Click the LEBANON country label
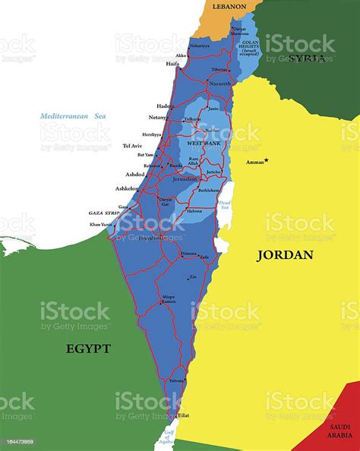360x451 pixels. pos(229,6)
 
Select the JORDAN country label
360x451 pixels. pos(285,254)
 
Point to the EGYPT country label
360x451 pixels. pos(88,348)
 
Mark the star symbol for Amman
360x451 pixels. pos(267,159)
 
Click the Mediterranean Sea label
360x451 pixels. pos(74,116)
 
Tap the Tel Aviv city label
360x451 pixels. pos(133,145)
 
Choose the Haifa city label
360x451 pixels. pos(172,64)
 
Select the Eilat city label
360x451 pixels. pos(184,415)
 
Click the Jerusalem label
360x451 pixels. pos(186,179)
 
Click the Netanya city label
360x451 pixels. pos(158,118)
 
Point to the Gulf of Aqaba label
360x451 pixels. pos(168,437)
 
